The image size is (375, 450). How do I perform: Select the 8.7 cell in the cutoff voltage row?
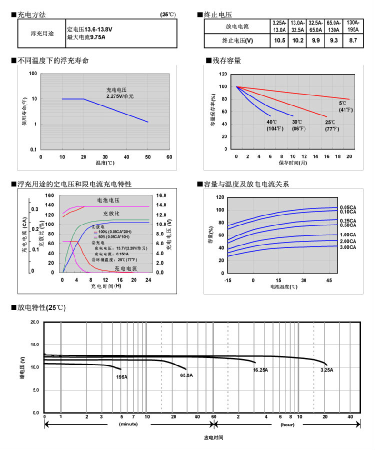pyautogui.click(x=353, y=40)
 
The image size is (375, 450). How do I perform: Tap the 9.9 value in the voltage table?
pyautogui.click(x=315, y=40)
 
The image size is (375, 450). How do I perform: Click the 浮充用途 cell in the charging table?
pyautogui.click(x=40, y=34)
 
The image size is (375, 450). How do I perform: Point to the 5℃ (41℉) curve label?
pyautogui.click(x=346, y=106)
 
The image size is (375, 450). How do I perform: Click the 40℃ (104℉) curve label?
pyautogui.click(x=274, y=125)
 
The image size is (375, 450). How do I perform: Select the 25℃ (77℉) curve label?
pyautogui.click(x=330, y=125)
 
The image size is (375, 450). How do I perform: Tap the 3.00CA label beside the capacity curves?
pyautogui.click(x=348, y=247)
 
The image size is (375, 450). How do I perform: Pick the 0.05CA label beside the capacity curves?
pyautogui.click(x=348, y=207)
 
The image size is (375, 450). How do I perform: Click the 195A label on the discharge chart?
pyautogui.click(x=121, y=376)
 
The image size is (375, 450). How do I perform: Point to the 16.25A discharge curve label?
pyautogui.click(x=260, y=370)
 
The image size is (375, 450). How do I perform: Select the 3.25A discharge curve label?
pyautogui.click(x=326, y=370)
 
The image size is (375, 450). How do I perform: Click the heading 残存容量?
pyautogui.click(x=226, y=60)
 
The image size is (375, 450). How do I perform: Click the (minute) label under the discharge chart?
pyautogui.click(x=128, y=424)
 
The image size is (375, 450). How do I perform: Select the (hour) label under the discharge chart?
pyautogui.click(x=287, y=424)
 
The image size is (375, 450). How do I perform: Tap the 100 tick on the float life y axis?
pyautogui.click(x=33, y=73)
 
